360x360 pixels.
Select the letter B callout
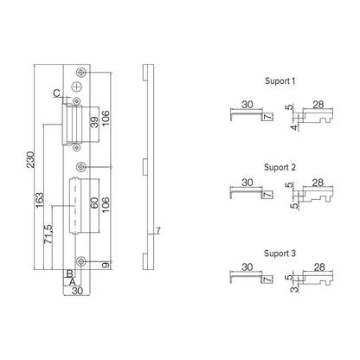point(68,273)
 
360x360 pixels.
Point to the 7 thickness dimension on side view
point(157,232)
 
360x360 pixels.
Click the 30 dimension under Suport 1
point(247,105)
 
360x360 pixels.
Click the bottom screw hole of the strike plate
point(80,262)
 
